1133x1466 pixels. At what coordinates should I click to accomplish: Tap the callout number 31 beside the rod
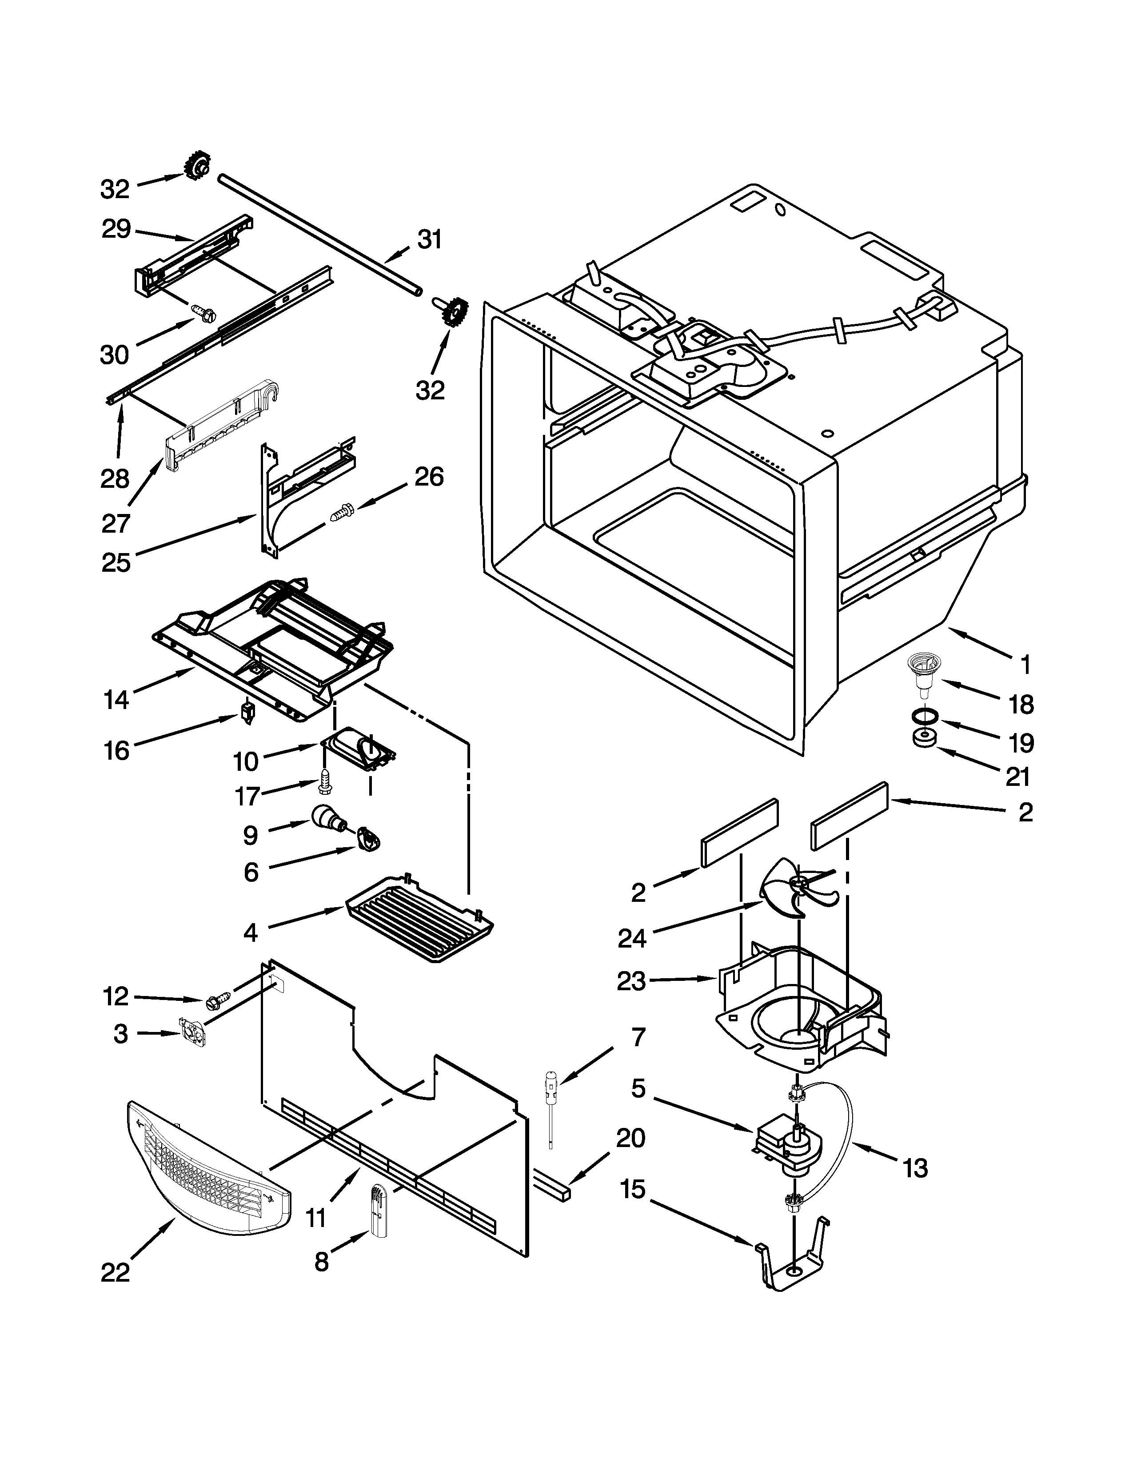pos(430,239)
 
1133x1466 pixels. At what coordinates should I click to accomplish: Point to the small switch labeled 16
pos(248,713)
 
